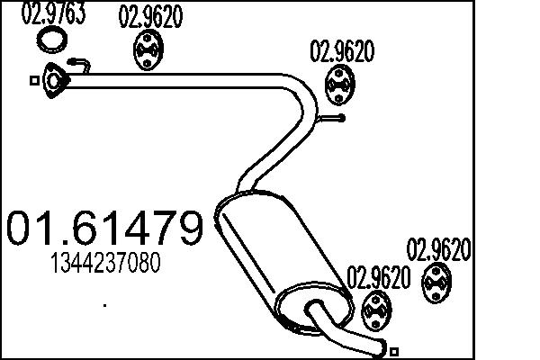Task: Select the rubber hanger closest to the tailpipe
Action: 374,310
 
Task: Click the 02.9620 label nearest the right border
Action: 440,249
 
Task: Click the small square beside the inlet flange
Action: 34,81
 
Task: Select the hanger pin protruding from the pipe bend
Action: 334,115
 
